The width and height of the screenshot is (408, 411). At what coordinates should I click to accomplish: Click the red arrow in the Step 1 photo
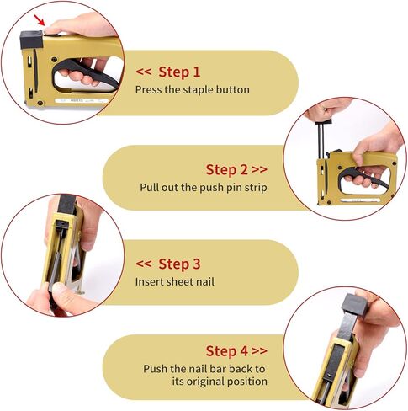point(31,18)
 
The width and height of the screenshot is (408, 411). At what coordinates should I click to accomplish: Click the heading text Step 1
point(179,72)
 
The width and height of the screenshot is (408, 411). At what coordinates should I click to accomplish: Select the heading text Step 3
point(179,264)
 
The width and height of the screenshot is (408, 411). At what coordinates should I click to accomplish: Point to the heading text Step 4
point(229,350)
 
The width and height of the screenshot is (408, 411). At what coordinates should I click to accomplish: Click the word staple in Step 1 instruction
point(190,89)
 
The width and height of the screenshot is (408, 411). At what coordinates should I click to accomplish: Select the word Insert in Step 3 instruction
point(151,281)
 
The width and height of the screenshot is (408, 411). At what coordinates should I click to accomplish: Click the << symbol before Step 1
point(144,72)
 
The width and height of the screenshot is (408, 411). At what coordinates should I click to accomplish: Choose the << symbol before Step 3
point(144,264)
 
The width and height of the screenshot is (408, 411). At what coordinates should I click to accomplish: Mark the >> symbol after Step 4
point(260,350)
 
